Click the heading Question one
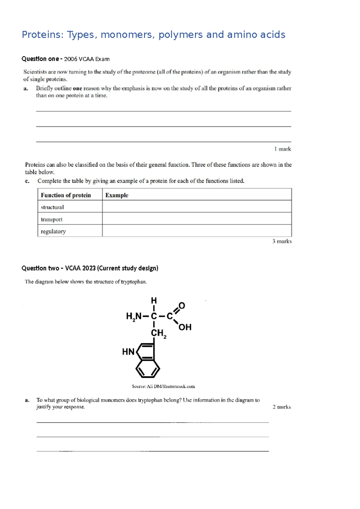coord(40,59)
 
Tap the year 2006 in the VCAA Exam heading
coord(70,59)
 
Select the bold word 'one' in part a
coord(77,89)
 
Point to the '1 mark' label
coord(282,149)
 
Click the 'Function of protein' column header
coord(66,195)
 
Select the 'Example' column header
coord(117,195)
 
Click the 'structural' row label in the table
coord(52,207)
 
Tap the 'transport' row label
coord(52,219)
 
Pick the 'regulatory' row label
coord(53,231)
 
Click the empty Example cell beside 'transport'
coord(196,219)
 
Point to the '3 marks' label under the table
coord(282,241)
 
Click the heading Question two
coord(40,268)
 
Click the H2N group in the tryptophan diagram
coord(133,316)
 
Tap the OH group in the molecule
coord(185,327)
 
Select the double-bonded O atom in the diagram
coord(182,306)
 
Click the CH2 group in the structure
coord(158,333)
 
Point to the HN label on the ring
coord(128,352)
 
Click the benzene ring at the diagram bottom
coord(148,369)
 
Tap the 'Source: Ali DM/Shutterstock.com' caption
coord(163,387)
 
